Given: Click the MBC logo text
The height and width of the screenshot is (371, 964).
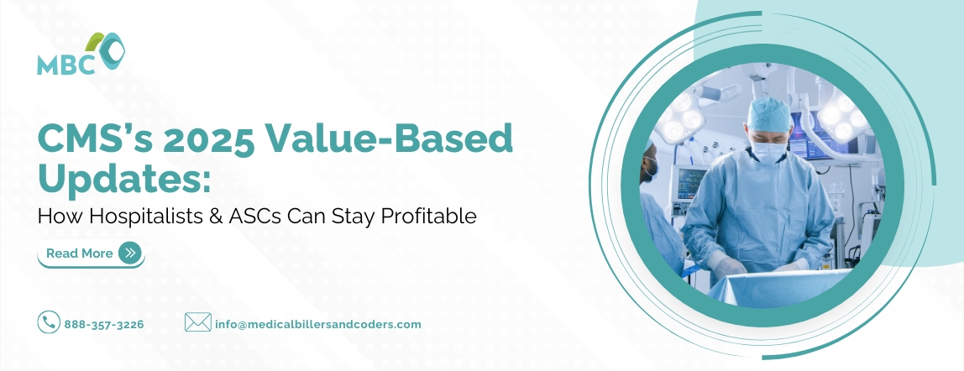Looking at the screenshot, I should [x=65, y=65].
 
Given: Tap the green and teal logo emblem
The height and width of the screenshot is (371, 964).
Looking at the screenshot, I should [x=109, y=50].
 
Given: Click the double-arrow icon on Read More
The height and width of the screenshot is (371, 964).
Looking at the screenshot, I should [x=129, y=253].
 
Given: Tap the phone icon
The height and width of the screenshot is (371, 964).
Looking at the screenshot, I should [x=48, y=322].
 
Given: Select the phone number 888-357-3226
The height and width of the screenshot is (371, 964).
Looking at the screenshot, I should [x=104, y=324].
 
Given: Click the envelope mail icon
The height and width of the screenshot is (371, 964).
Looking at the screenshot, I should [x=197, y=322].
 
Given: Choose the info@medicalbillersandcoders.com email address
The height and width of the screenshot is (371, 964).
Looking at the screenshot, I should [x=318, y=324].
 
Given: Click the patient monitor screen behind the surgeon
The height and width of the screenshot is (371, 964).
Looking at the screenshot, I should [x=691, y=180].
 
